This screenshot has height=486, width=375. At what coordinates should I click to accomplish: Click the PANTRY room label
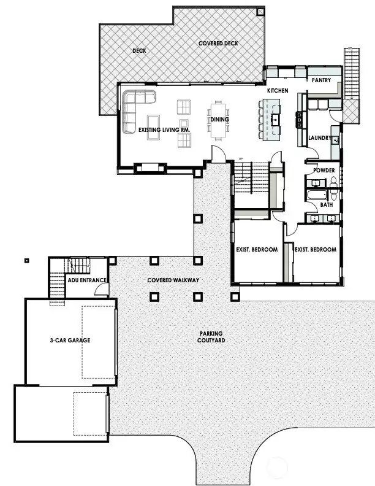(321, 80)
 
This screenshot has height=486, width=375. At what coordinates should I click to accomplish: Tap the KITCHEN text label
(277, 91)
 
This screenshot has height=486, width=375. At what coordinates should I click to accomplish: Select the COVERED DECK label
(218, 44)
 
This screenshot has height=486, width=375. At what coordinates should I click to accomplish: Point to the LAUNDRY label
(320, 138)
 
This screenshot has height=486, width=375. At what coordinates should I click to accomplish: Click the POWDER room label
(324, 170)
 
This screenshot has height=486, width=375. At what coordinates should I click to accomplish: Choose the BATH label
(326, 205)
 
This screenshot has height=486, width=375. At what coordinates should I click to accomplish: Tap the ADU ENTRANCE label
(88, 280)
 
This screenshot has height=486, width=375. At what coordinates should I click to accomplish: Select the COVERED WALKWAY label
(173, 280)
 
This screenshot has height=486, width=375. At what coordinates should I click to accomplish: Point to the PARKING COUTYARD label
(210, 337)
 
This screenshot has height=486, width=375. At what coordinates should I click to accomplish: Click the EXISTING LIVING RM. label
(164, 129)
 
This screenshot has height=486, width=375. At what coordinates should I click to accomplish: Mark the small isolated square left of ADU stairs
(26, 260)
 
